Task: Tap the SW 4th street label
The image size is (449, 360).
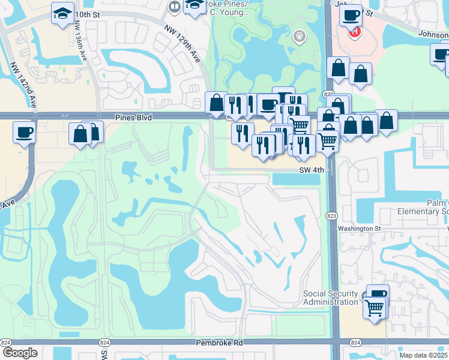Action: [312, 170]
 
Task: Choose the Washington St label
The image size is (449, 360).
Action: [359, 229]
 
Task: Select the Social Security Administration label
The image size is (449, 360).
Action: [330, 298]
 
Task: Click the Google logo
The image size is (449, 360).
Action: [19, 353]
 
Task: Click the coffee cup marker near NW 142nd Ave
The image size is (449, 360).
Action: [24, 131]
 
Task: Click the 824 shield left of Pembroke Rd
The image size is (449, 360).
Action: [5, 342]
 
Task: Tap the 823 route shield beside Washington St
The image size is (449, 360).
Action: [332, 220]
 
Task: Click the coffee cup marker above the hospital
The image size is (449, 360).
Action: [351, 15]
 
